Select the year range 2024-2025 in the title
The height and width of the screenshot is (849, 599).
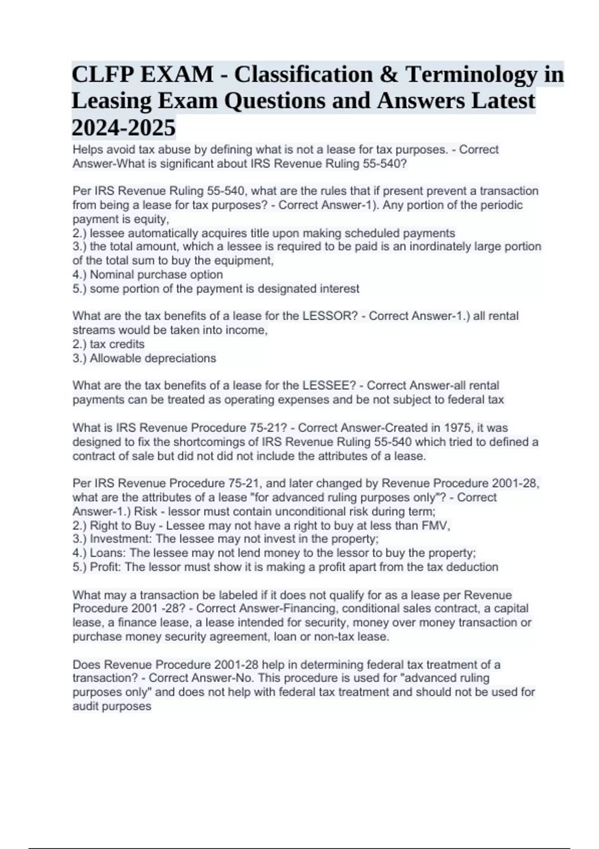click(x=124, y=128)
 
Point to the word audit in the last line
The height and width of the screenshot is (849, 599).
click(x=85, y=706)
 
